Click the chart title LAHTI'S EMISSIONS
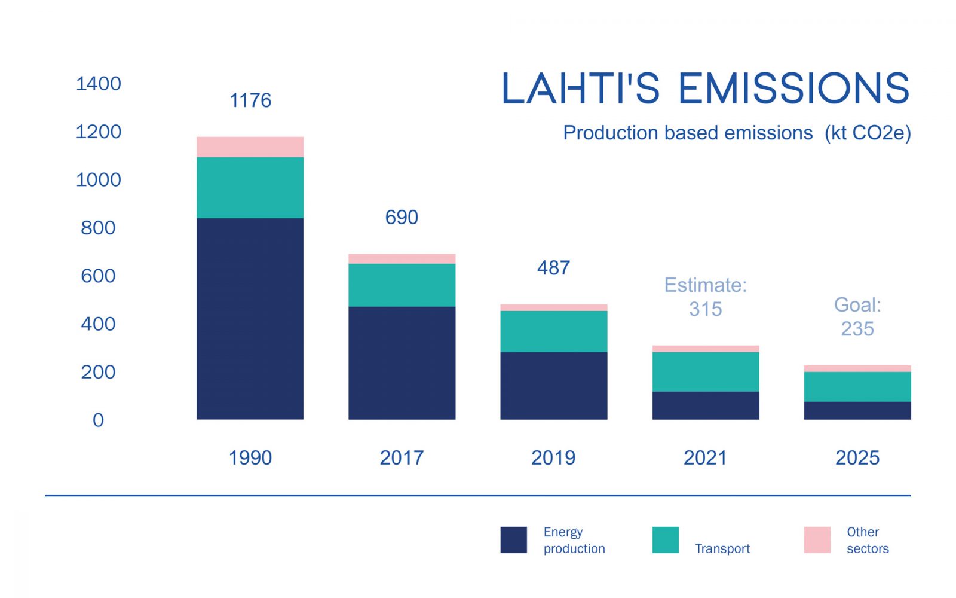click(705, 89)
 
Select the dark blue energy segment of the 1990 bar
click(250, 318)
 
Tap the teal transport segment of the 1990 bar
click(250, 187)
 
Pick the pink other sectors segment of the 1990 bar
click(250, 147)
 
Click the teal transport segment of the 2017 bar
click(402, 285)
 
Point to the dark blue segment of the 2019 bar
click(553, 385)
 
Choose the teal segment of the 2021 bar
click(705, 371)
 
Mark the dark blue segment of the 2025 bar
click(857, 410)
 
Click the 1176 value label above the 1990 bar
click(250, 100)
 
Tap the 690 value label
click(402, 217)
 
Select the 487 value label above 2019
click(553, 267)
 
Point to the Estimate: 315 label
click(705, 297)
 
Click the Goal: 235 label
click(857, 317)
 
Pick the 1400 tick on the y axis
click(98, 83)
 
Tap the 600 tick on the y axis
click(98, 276)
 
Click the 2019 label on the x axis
click(553, 457)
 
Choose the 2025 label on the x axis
click(857, 457)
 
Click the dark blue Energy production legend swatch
click(513, 539)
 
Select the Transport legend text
click(722, 548)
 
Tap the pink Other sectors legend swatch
click(817, 539)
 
